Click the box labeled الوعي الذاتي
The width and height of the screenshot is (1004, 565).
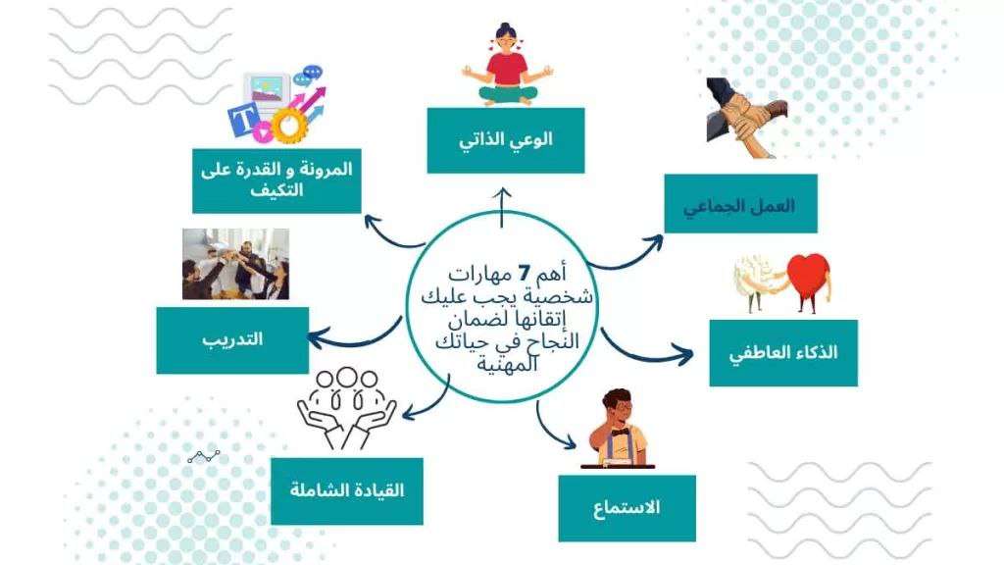point(506,140)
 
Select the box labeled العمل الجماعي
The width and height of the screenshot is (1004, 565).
point(741,204)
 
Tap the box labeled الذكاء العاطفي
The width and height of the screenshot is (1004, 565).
point(783,353)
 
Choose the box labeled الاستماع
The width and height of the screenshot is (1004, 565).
point(627,509)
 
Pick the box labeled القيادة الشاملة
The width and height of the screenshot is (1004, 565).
point(347,491)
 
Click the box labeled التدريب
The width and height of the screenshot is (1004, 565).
point(232,340)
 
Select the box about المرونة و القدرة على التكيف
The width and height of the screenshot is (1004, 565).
point(276,180)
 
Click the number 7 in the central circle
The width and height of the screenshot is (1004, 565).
point(524,275)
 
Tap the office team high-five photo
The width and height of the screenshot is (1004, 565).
point(235,264)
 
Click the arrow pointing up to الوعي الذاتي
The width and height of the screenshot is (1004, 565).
point(503,207)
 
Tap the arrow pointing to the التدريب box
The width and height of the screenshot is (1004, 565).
point(354,335)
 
